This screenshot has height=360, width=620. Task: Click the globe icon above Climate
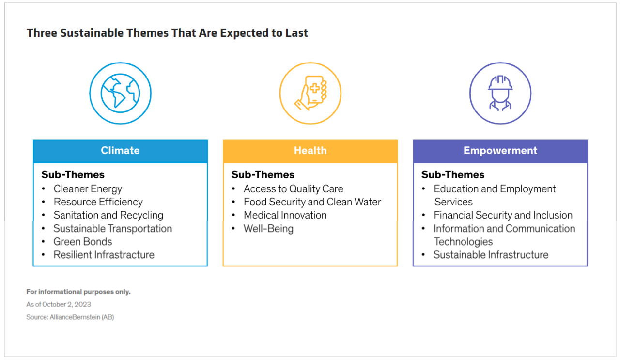pos(121,94)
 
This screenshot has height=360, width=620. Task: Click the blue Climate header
pos(120,151)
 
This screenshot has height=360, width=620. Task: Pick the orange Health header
pos(310,151)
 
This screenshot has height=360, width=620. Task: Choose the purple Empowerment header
pos(500,151)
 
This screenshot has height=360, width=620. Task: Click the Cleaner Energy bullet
pos(88,189)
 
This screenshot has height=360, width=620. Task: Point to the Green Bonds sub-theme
pos(83,242)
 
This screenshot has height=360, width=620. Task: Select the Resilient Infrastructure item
pos(104,255)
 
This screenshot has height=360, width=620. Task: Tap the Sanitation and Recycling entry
pos(108,216)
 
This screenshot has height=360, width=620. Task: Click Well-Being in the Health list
pos(268,229)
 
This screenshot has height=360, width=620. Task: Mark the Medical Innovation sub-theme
pos(285,215)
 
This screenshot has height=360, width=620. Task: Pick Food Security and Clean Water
pos(312,202)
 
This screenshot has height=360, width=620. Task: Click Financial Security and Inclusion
pos(503,215)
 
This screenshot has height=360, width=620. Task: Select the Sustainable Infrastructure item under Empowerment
pos(491,255)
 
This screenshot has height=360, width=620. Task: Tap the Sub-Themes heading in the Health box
pos(263,175)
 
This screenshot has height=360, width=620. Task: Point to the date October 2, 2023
pos(66,304)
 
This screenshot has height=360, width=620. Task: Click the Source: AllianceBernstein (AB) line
pos(70,317)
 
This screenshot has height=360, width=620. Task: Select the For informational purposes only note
pos(78,292)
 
